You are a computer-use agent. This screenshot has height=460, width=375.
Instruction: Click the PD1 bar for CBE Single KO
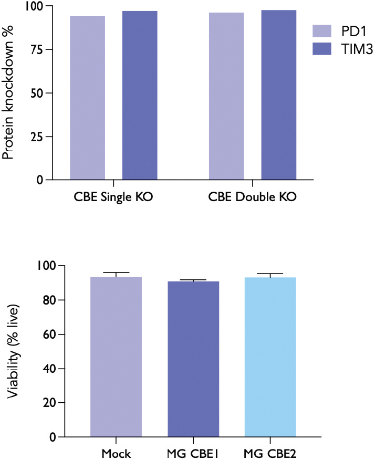(x=87, y=98)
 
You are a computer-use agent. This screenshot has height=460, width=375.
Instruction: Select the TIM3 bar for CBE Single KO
(x=140, y=96)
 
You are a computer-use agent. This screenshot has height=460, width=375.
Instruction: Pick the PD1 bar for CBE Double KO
(x=226, y=96)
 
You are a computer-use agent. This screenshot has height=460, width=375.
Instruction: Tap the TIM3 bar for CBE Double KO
(x=279, y=95)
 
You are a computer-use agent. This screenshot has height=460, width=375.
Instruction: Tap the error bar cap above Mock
(x=116, y=273)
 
